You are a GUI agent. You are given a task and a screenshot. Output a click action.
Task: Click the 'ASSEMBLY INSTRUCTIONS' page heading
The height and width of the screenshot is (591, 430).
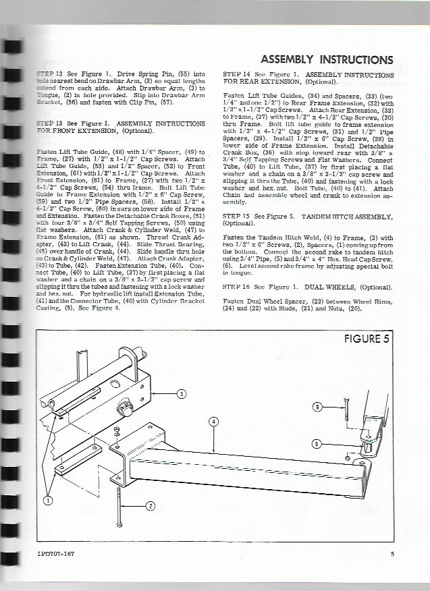(327, 58)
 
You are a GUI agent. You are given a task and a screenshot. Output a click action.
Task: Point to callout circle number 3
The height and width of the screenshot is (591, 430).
(181, 394)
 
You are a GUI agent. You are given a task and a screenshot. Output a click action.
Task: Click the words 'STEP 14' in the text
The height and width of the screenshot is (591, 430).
(236, 75)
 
